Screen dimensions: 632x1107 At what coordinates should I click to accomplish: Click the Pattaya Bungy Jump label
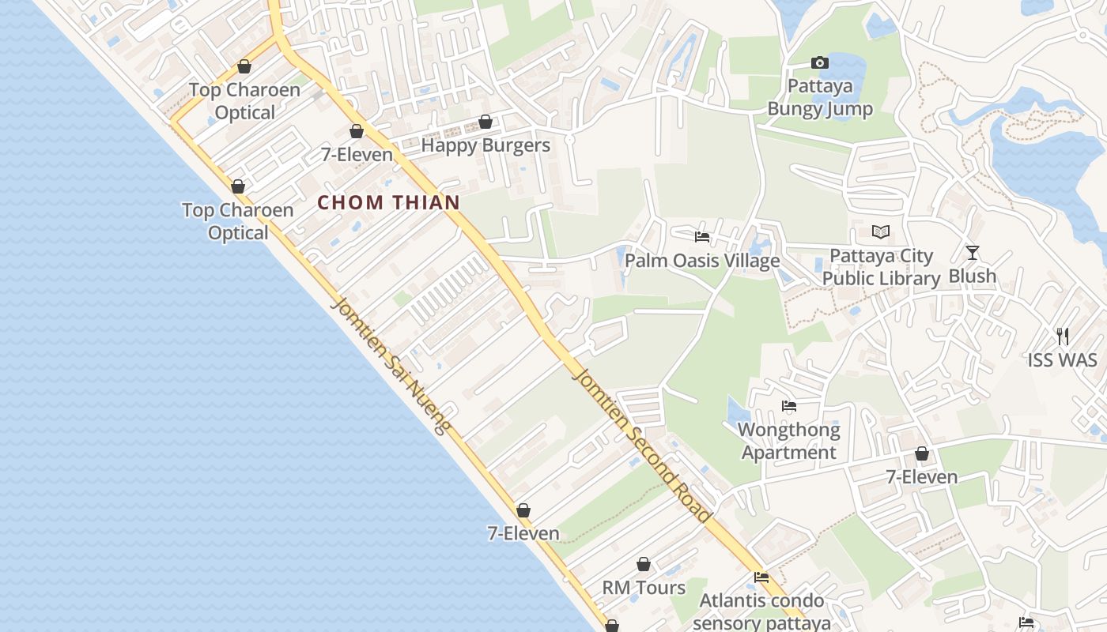(x=820, y=97)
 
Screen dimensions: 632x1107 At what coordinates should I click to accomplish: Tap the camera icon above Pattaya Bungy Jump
(x=820, y=62)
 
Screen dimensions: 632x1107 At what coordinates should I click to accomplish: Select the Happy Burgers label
(x=485, y=145)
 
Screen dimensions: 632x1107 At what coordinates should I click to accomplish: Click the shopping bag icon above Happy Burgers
(x=485, y=122)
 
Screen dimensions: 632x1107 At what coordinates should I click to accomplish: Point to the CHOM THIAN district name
(x=388, y=202)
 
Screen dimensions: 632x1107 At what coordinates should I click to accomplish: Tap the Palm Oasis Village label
(x=702, y=261)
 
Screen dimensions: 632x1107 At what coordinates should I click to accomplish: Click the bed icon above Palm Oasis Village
(x=701, y=237)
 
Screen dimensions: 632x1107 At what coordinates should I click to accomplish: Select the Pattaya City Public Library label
(x=881, y=267)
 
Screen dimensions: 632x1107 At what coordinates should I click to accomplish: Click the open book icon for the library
(x=881, y=232)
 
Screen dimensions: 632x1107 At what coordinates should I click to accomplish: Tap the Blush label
(x=972, y=276)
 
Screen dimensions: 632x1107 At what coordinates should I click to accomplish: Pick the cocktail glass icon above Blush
(x=973, y=253)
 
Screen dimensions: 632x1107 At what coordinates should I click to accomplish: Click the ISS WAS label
(x=1062, y=360)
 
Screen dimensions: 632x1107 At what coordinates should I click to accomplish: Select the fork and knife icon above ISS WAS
(x=1063, y=337)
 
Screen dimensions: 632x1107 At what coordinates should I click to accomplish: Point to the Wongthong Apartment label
(x=788, y=442)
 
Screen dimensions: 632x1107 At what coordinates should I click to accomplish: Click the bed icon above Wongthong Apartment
(x=788, y=407)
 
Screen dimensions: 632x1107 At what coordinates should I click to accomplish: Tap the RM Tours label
(x=644, y=588)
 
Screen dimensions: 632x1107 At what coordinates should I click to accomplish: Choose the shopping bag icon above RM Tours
(x=644, y=565)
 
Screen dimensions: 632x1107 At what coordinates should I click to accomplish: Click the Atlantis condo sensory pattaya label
(x=761, y=611)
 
